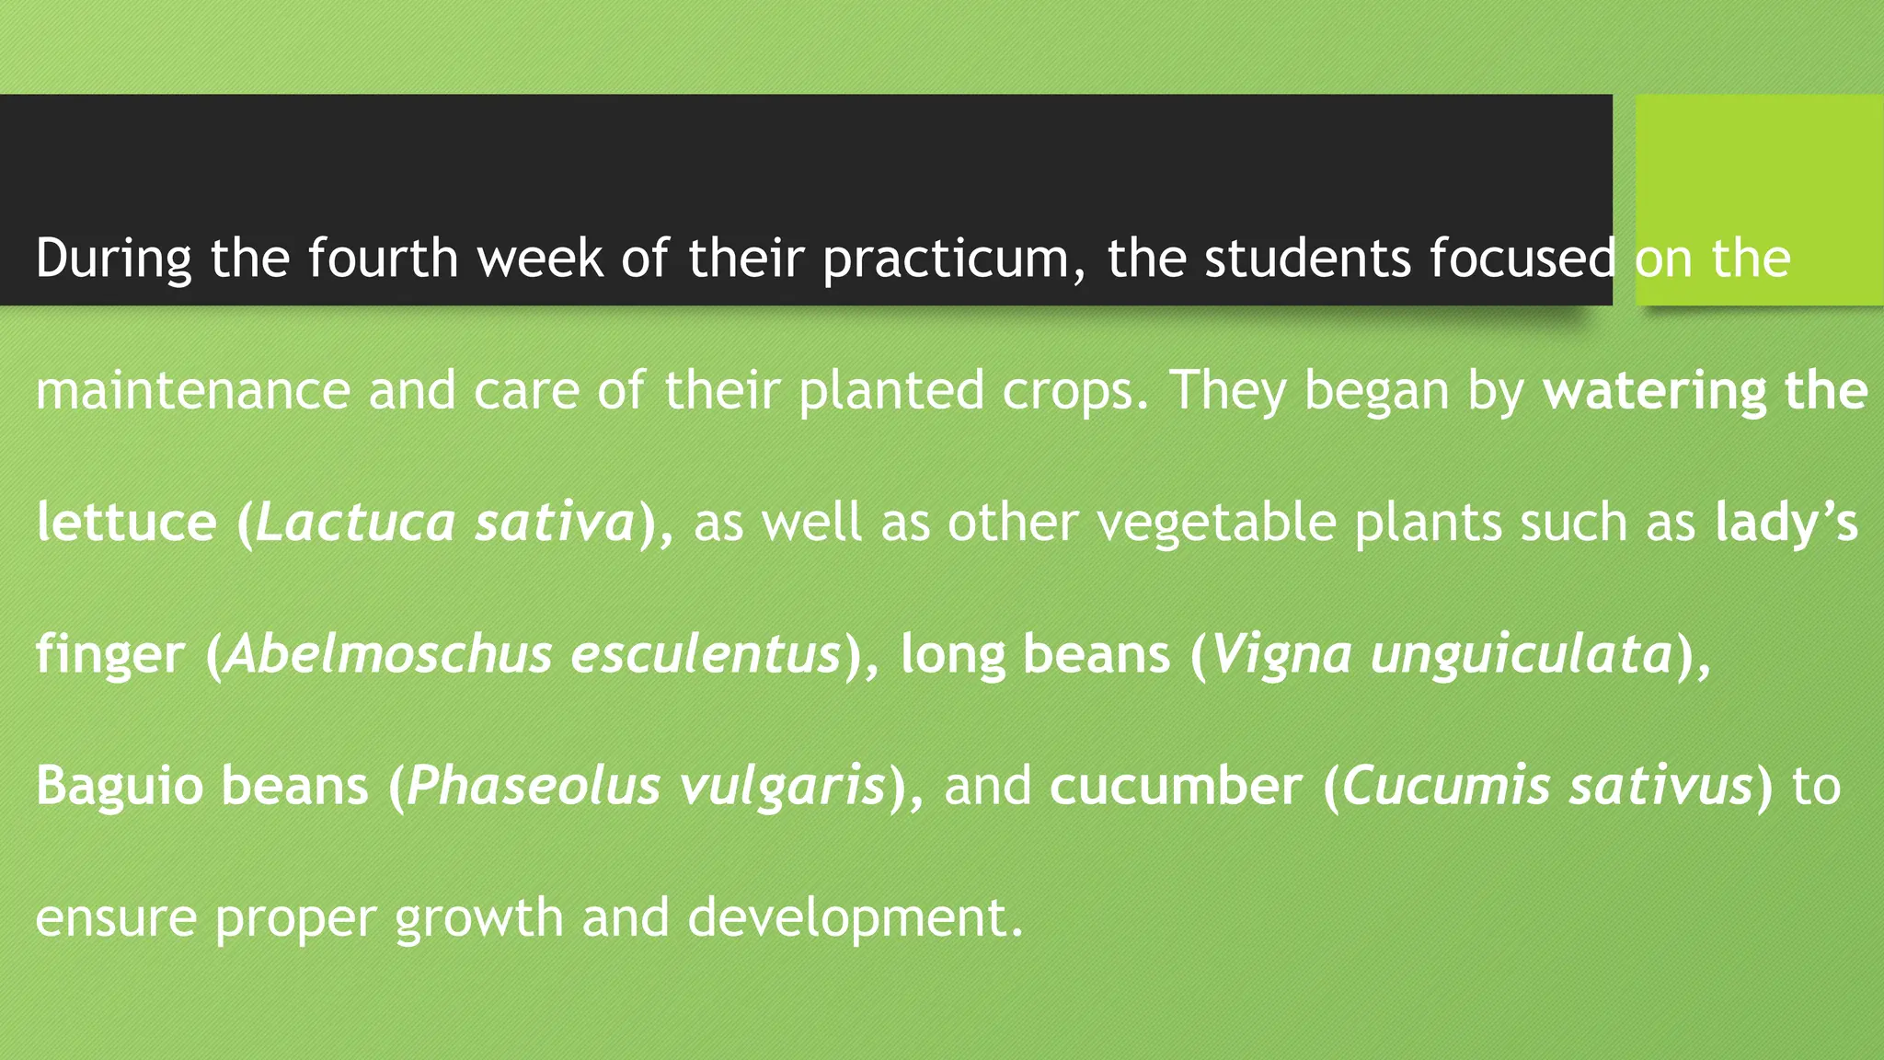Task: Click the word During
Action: [113, 259]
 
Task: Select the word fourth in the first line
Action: [383, 258]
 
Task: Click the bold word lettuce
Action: [126, 522]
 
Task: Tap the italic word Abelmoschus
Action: [388, 654]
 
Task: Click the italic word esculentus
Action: [706, 654]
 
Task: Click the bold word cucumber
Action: [1176, 787]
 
